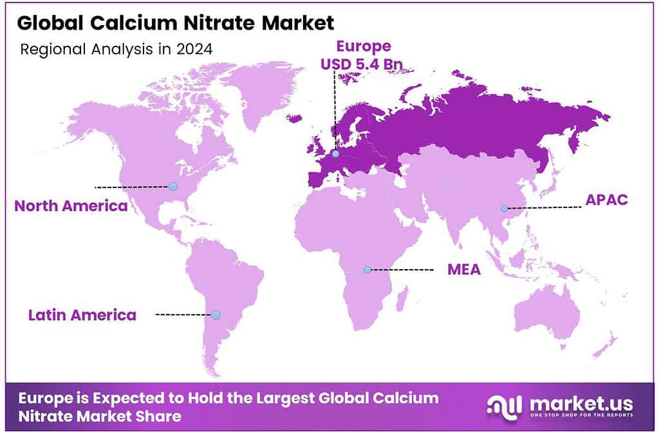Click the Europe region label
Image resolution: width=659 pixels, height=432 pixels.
[x=364, y=46]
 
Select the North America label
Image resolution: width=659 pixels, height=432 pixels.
[x=71, y=206]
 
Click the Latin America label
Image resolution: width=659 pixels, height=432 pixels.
[x=82, y=315]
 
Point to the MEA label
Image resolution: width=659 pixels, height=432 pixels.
[x=464, y=269]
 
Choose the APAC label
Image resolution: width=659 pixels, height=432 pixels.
[x=606, y=200]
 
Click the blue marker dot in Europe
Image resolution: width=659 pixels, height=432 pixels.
[x=335, y=154]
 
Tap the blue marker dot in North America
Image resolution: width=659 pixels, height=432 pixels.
[x=172, y=187]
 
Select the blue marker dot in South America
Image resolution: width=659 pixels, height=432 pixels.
[x=216, y=315]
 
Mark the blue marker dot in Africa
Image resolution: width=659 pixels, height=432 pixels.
[x=367, y=270]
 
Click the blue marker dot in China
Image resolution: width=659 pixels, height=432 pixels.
[x=505, y=208]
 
